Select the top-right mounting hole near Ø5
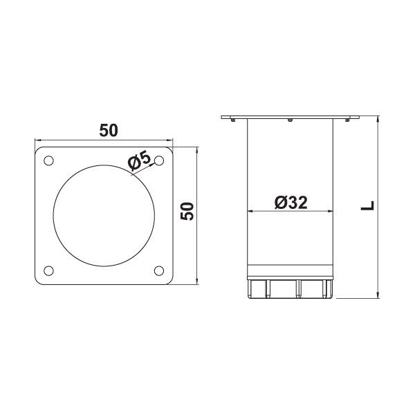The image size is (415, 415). [159, 160]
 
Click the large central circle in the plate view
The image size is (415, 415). [103, 215]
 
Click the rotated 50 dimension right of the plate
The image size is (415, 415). [187, 212]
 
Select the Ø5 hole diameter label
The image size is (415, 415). [140, 161]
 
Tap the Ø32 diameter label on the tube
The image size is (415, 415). [290, 202]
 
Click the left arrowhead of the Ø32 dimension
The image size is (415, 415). [250, 212]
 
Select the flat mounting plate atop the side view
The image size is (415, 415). [289, 117]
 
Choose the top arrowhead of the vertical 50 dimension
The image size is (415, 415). [198, 149]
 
